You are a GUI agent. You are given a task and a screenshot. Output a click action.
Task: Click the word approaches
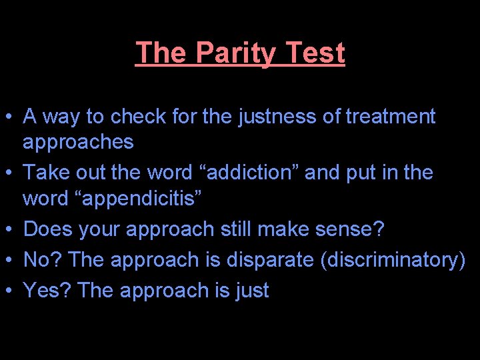point(78,143)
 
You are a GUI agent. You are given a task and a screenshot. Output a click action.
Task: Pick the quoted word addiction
point(245,173)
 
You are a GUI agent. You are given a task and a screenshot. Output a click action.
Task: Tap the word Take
point(46,173)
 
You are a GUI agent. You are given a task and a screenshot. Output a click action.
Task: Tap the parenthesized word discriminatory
point(393,259)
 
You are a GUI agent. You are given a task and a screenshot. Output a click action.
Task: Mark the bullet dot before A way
point(11,118)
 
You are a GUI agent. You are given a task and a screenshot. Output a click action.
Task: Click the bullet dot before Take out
point(11,174)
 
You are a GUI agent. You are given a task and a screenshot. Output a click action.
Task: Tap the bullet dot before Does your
point(11,231)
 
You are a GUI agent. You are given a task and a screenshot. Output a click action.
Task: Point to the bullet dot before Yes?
point(11,291)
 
